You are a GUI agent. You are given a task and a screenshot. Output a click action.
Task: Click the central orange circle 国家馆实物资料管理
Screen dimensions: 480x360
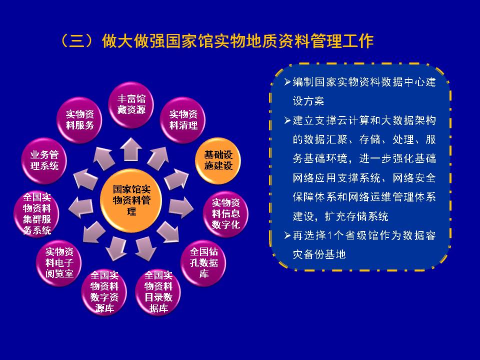pyautogui.click(x=131, y=200)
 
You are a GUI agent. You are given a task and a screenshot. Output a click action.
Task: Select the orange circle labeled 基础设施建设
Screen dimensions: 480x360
pyautogui.click(x=218, y=160)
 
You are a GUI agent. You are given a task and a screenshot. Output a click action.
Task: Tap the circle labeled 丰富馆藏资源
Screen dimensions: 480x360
pyautogui.click(x=131, y=104)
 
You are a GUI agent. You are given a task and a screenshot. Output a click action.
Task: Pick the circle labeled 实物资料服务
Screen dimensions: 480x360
pyautogui.click(x=79, y=120)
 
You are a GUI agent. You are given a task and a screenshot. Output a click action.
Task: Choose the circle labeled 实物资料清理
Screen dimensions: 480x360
pyautogui.click(x=183, y=120)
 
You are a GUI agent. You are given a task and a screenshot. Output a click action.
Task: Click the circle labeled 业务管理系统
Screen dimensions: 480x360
pyautogui.click(x=44, y=160)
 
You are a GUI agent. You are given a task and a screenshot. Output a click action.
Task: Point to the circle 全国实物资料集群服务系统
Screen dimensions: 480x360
pyautogui.click(x=36, y=213)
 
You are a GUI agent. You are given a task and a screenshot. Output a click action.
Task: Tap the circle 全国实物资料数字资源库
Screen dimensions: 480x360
pyautogui.click(x=104, y=292)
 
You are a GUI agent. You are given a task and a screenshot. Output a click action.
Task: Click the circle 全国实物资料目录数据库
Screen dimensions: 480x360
pyautogui.click(x=158, y=292)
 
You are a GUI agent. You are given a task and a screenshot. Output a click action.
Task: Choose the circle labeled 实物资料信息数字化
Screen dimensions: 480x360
pyautogui.click(x=225, y=213)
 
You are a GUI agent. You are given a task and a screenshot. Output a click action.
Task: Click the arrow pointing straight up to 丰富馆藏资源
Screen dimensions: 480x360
pyautogui.click(x=130, y=149)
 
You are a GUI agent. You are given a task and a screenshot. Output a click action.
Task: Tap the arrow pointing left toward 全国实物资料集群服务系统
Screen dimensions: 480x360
pyautogui.click(x=81, y=208)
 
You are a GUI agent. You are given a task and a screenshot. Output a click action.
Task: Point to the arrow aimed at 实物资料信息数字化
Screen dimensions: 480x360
pyautogui.click(x=181, y=208)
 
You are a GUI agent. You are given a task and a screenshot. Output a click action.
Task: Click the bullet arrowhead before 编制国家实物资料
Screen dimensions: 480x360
pyautogui.click(x=287, y=81)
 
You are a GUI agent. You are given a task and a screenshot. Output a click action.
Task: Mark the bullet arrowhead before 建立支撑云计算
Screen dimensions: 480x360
pyautogui.click(x=287, y=120)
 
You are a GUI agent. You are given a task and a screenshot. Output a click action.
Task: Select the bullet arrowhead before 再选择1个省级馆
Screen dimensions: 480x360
pyautogui.click(x=287, y=235)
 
